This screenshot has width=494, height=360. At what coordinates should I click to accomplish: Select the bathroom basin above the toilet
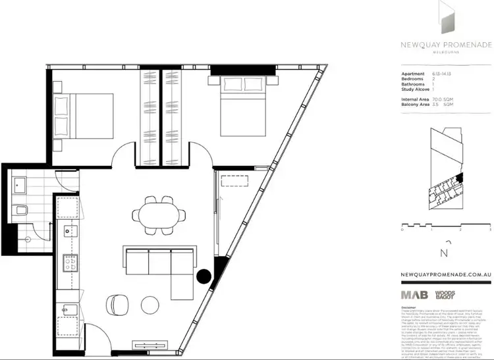[20, 184]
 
